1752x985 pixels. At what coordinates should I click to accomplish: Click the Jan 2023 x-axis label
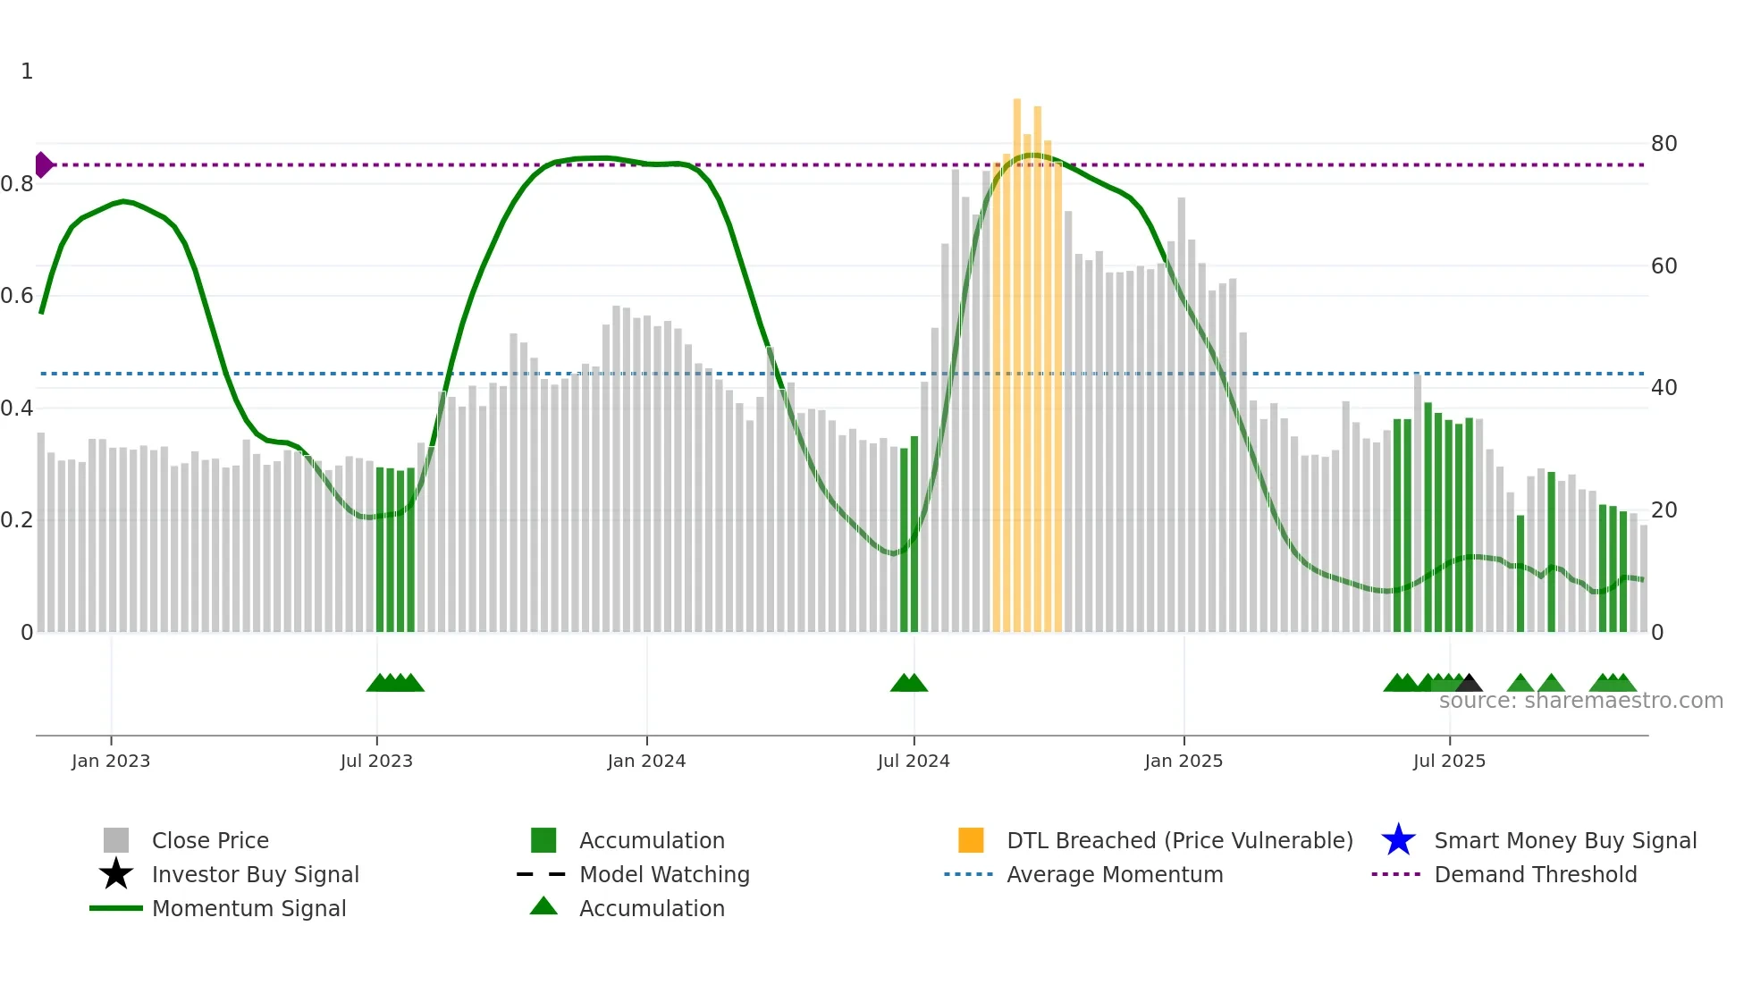(x=111, y=762)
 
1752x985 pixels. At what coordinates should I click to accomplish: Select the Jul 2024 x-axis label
(x=914, y=762)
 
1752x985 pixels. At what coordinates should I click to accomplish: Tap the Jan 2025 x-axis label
(x=1183, y=762)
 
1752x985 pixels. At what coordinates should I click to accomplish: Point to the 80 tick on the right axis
(x=1664, y=144)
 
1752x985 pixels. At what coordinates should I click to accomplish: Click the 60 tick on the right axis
(x=1664, y=266)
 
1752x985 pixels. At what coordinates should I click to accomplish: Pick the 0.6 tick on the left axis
(x=17, y=296)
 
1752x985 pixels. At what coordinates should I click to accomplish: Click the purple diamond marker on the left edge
(x=43, y=165)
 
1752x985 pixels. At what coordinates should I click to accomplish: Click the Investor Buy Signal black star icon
(x=116, y=874)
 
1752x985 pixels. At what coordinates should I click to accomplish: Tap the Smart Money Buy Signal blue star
(x=1398, y=840)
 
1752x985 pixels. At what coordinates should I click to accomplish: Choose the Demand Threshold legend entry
(x=1535, y=875)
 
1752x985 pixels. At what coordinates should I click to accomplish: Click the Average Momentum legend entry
(x=1115, y=875)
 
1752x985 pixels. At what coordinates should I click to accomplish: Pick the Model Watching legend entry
(x=664, y=875)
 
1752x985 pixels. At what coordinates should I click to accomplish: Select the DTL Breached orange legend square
(x=971, y=840)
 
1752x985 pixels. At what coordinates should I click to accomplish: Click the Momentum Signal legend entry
(x=248, y=909)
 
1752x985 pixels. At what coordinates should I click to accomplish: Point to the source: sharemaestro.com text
(x=1580, y=701)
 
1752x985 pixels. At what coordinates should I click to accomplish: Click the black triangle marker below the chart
(x=1469, y=684)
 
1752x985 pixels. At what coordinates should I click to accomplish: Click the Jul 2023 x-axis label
(x=376, y=762)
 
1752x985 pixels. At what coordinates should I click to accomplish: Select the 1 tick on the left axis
(x=27, y=72)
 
